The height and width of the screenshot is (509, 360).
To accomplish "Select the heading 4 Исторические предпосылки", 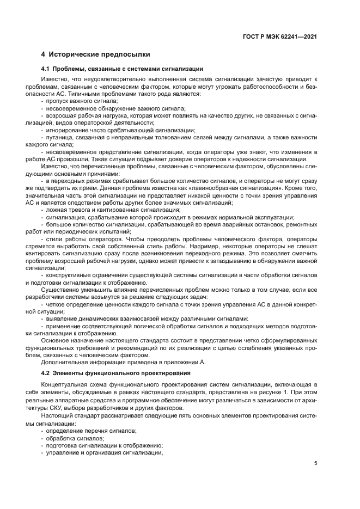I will pos(95,55).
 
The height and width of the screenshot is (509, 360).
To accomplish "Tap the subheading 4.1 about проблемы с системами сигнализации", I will pos(123,69).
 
